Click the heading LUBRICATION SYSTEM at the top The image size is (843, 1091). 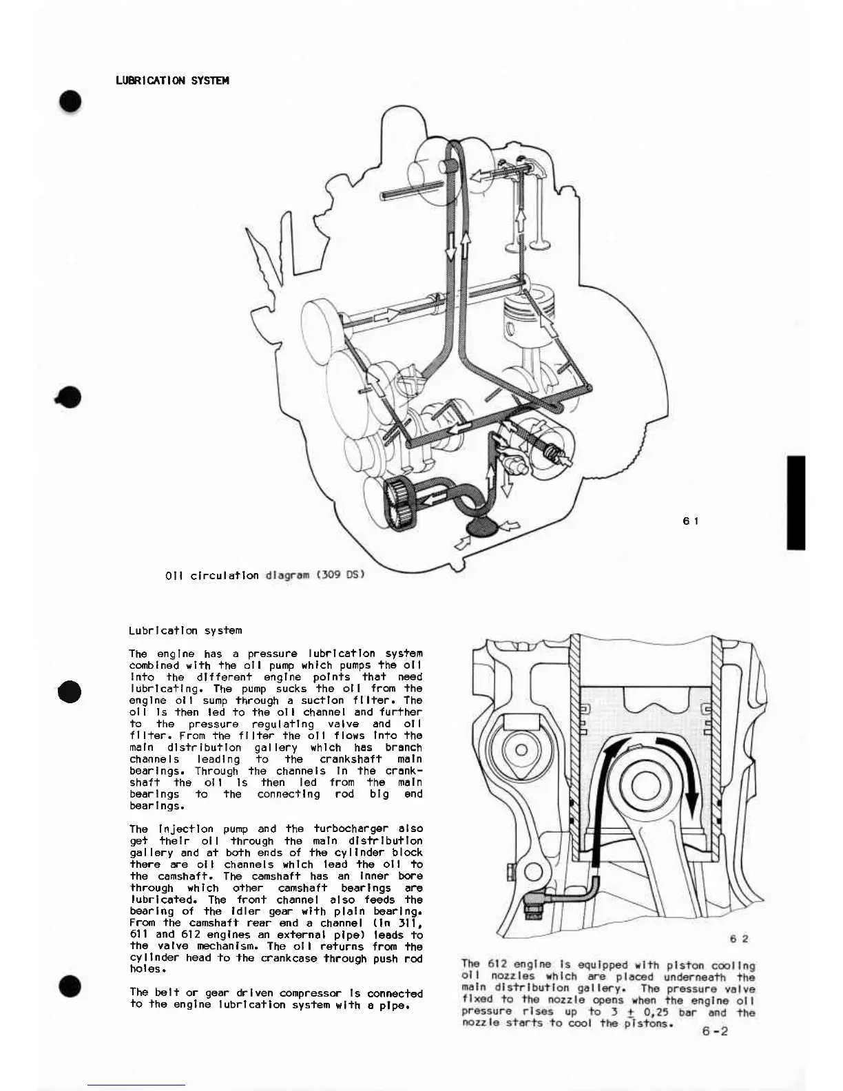tap(172, 81)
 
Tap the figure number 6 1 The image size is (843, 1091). tap(691, 521)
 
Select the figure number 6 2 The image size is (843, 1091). tap(740, 938)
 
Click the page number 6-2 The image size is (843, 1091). tap(715, 1031)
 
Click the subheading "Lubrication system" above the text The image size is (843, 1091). tap(185, 630)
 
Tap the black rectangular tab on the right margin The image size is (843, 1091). tap(795, 502)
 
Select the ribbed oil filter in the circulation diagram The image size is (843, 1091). tap(398, 506)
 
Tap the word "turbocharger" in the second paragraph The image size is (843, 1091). tap(351, 829)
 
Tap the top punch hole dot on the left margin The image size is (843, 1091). tap(70, 101)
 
